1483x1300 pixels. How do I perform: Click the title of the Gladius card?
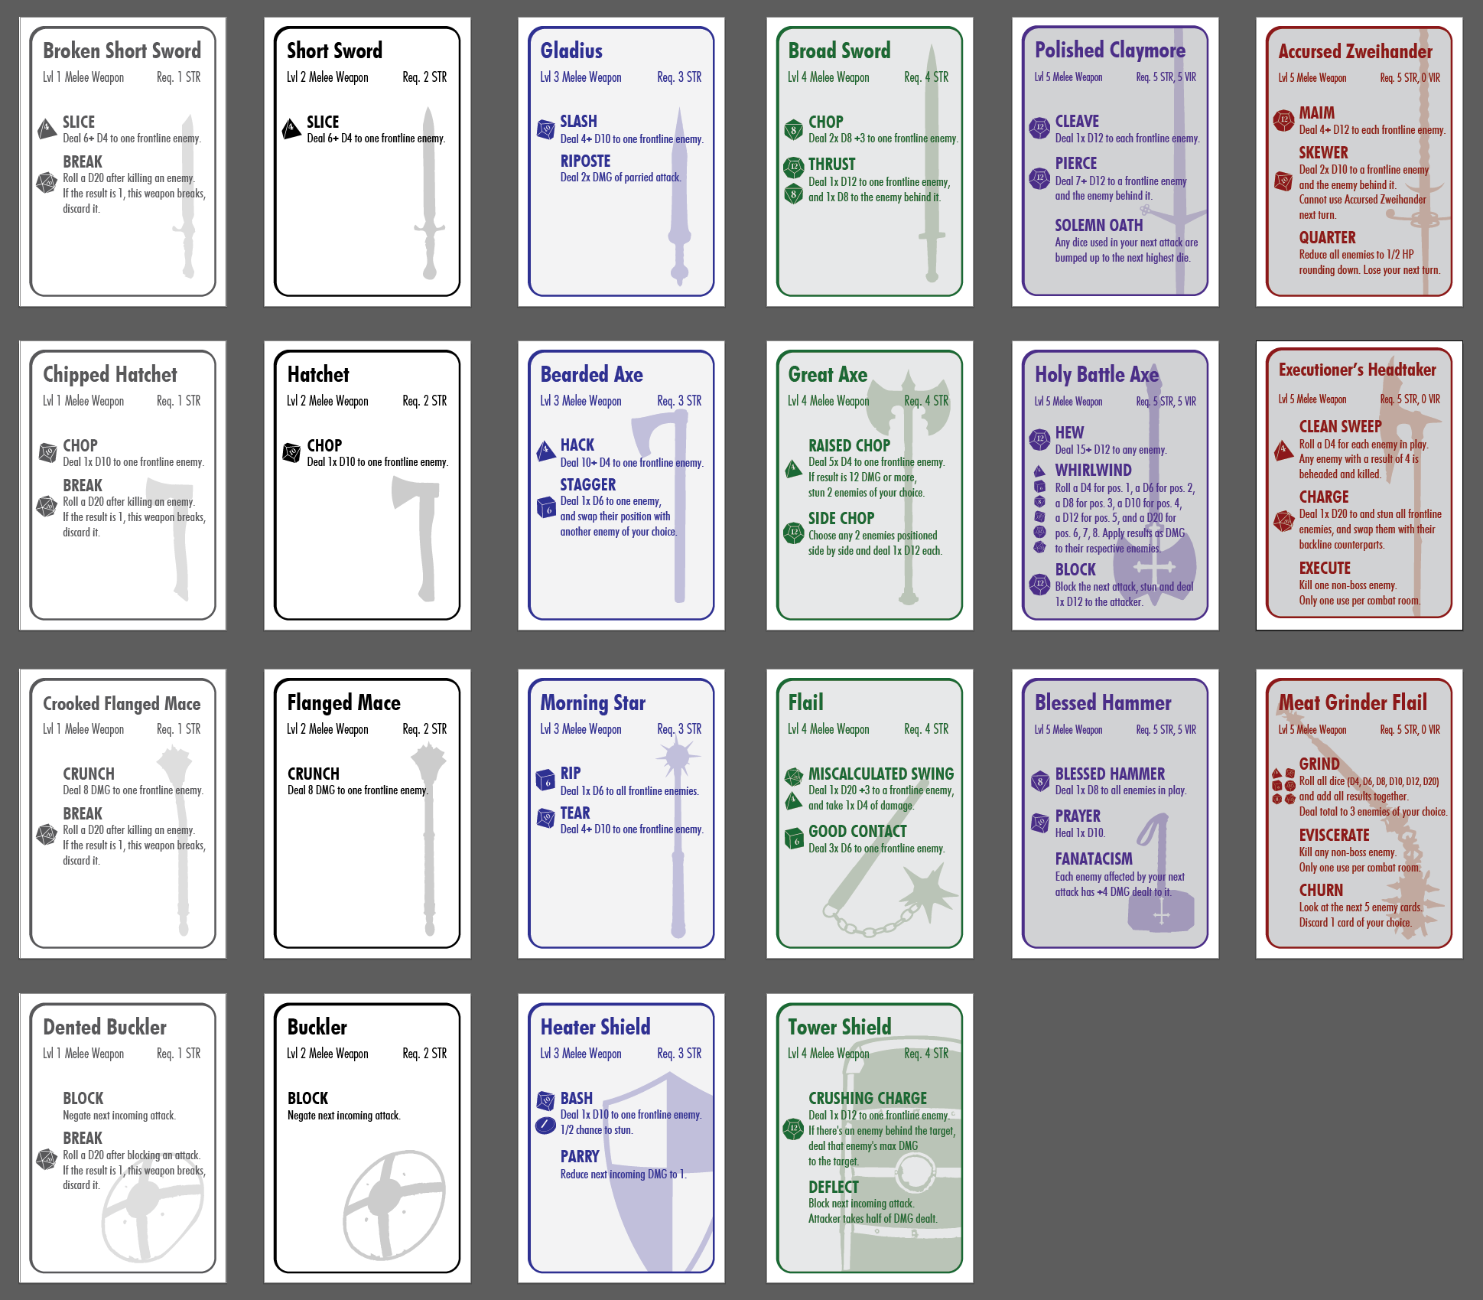click(571, 51)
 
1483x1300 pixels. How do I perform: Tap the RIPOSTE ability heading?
click(585, 161)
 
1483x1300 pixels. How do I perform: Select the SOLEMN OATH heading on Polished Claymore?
click(1098, 225)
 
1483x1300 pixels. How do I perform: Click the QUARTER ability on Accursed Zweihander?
click(1327, 238)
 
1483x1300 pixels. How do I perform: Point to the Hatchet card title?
click(318, 374)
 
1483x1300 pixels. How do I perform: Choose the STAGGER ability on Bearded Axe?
click(587, 484)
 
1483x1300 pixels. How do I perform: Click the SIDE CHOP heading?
click(841, 518)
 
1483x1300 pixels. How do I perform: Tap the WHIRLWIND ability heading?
click(1093, 470)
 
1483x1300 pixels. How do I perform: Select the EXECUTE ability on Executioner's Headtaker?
click(1325, 568)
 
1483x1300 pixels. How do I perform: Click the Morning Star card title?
click(593, 702)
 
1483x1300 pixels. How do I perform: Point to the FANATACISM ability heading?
click(1094, 859)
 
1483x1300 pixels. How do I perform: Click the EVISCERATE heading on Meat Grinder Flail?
click(1334, 835)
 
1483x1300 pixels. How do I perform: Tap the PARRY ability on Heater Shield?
click(579, 1156)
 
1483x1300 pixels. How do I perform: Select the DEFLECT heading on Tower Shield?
click(834, 1187)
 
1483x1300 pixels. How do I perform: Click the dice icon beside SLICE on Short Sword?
click(291, 129)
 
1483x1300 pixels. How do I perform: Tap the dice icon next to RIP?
click(545, 780)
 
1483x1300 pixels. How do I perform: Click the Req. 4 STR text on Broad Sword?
click(925, 77)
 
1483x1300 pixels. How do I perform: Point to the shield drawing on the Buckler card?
click(393, 1208)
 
